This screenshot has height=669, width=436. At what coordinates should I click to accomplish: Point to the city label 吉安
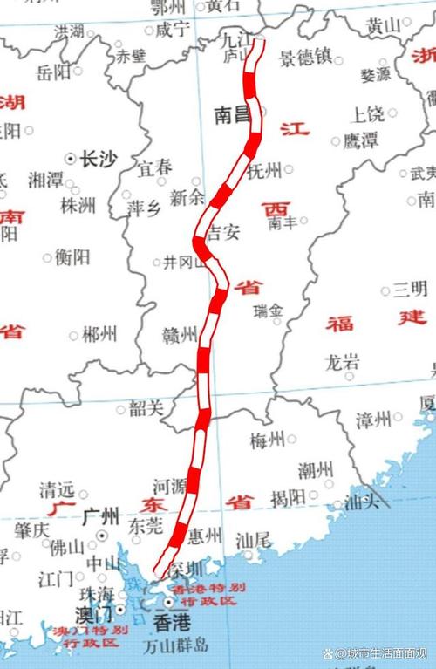click(222, 233)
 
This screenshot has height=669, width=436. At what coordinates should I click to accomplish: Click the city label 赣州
click(181, 334)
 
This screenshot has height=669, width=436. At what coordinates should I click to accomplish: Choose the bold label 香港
click(169, 623)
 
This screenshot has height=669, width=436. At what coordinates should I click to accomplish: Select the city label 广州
click(99, 516)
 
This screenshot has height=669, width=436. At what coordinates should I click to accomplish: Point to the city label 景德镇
click(305, 58)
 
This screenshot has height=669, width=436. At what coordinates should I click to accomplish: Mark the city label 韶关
click(146, 407)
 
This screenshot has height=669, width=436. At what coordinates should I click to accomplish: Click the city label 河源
click(171, 485)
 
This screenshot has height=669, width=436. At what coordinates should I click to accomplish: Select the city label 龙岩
click(341, 361)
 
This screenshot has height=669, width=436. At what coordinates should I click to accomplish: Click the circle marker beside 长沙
click(71, 158)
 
